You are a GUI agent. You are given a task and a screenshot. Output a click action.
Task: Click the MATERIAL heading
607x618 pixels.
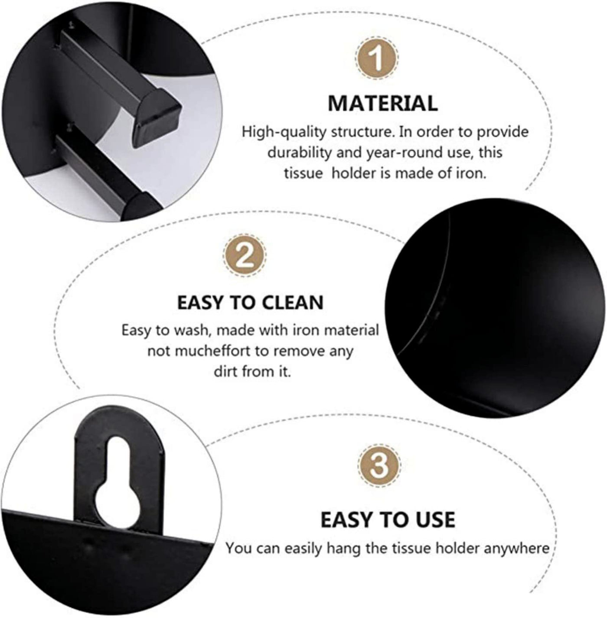(x=382, y=103)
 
